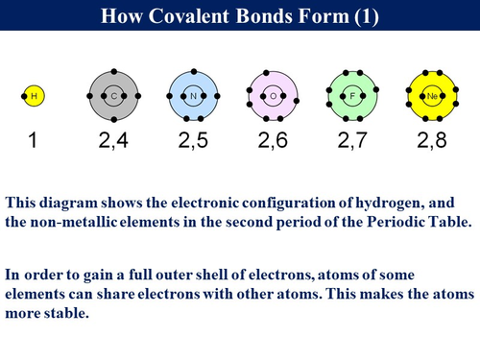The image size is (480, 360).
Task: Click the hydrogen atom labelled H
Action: [x=35, y=96]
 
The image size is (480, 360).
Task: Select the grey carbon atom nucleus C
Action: [x=114, y=96]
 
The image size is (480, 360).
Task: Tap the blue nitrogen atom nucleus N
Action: [x=194, y=96]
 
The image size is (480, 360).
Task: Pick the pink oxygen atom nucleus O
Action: [x=273, y=96]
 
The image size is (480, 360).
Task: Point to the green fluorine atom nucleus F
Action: [x=352, y=96]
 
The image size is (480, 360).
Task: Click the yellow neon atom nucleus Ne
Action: [x=431, y=96]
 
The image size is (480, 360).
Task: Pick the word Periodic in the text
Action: [x=361, y=220]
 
